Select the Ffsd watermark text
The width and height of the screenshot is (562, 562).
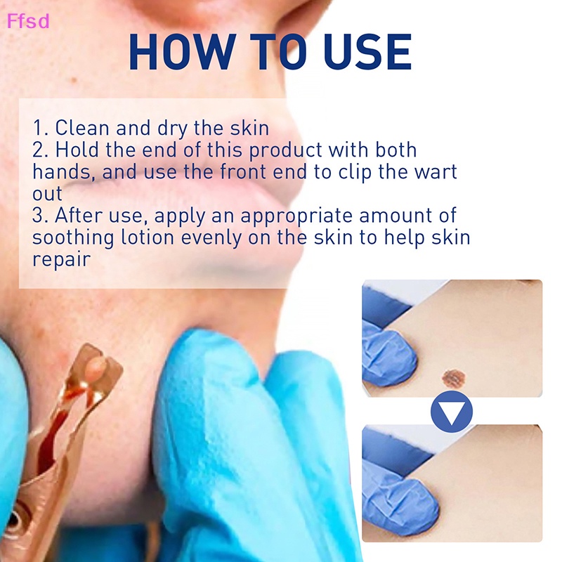click(x=29, y=21)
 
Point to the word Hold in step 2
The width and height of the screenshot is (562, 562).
click(x=76, y=150)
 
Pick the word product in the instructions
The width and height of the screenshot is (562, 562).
click(x=286, y=150)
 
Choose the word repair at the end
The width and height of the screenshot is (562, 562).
click(x=62, y=259)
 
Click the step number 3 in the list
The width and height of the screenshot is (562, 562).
click(x=38, y=216)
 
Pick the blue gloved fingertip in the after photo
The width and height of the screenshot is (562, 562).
click(x=390, y=500)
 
